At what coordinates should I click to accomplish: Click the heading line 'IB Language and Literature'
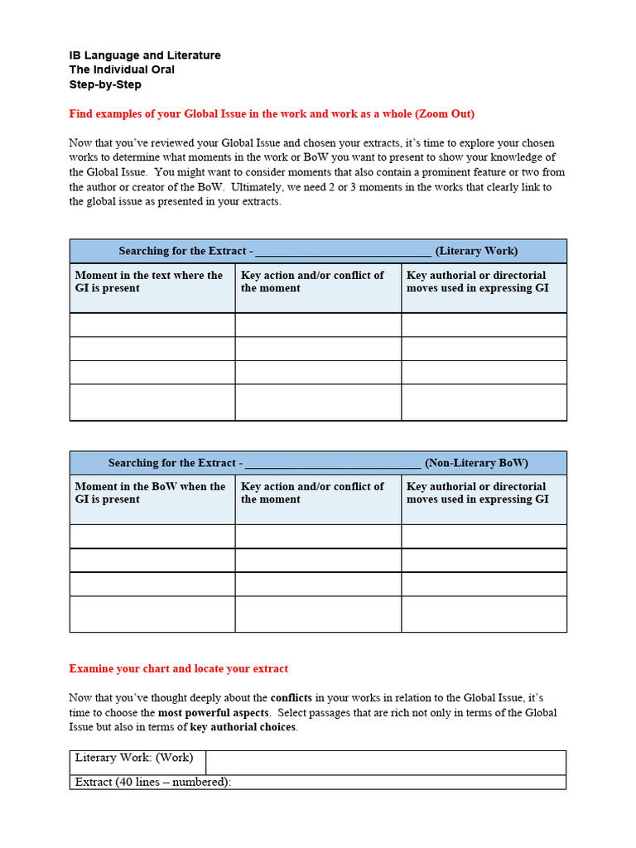[145, 55]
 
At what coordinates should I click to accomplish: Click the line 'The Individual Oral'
[122, 70]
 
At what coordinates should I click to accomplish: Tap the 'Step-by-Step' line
[105, 84]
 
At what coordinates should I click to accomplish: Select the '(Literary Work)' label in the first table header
[476, 251]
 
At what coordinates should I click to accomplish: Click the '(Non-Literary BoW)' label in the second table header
[476, 463]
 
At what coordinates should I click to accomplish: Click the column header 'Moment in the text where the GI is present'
[149, 282]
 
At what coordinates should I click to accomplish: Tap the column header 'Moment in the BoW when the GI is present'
[150, 493]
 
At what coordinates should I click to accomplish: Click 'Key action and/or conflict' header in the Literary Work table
[312, 282]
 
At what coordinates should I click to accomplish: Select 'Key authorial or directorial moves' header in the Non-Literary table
[477, 493]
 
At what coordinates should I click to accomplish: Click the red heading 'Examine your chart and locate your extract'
[179, 668]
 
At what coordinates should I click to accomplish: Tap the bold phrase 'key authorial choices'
[243, 727]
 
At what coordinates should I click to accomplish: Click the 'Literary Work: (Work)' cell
[134, 758]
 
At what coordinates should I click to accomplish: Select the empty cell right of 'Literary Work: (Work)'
[385, 762]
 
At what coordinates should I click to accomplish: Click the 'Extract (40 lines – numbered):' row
[153, 782]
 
